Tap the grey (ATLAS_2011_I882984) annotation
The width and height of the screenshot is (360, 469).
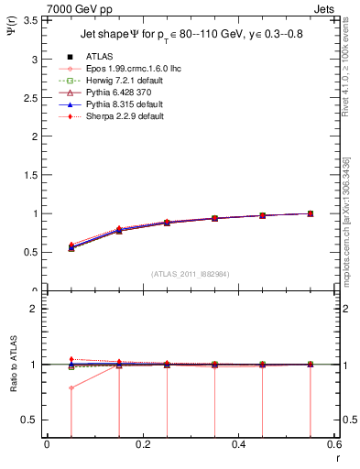pyautogui.click(x=191, y=274)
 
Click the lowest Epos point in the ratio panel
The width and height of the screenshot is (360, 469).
pyautogui.click(x=71, y=387)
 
